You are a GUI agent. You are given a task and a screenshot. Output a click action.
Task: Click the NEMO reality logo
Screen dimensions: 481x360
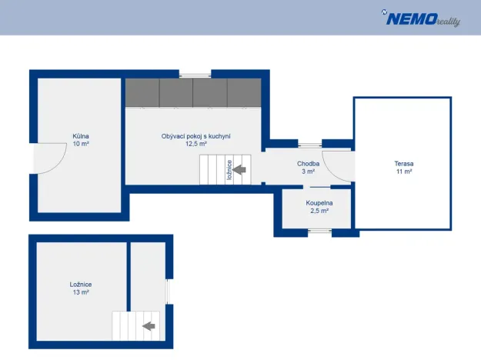click(x=421, y=18)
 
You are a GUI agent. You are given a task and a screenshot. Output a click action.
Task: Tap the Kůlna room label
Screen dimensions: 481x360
click(x=81, y=136)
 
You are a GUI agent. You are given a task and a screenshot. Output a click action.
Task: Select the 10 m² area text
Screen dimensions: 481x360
click(x=81, y=144)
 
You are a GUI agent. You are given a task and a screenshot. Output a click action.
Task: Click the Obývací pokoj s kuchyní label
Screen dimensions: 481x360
click(x=195, y=136)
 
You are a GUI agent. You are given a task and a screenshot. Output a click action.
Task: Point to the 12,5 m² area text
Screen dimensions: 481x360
click(x=195, y=144)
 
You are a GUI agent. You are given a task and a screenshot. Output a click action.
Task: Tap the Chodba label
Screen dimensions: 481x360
click(x=308, y=164)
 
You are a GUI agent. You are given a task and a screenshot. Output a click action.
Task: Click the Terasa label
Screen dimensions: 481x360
click(x=404, y=164)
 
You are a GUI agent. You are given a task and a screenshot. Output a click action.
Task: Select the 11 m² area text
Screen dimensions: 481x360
click(x=404, y=172)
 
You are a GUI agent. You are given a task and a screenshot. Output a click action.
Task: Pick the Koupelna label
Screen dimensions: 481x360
click(x=319, y=203)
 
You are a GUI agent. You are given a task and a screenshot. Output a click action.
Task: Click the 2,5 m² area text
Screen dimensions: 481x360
click(x=319, y=211)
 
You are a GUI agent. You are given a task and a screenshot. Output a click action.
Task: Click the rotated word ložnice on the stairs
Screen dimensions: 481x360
click(x=229, y=170)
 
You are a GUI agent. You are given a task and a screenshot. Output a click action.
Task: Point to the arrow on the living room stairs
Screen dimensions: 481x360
click(x=239, y=169)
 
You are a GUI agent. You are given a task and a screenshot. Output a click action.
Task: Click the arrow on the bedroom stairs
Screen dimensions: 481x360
click(x=149, y=326)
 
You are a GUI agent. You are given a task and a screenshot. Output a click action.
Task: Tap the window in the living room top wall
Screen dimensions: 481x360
click(x=195, y=75)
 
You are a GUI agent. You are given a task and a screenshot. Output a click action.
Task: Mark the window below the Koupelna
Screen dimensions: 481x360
click(x=320, y=231)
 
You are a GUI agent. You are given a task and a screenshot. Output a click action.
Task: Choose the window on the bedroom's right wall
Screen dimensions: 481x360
click(x=168, y=292)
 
